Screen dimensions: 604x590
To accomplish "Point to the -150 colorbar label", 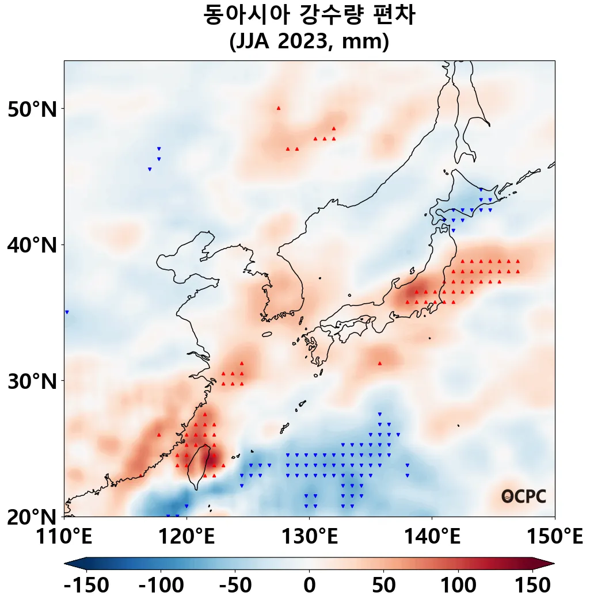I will coord(86,586).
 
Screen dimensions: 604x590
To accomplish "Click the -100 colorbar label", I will coord(161,586).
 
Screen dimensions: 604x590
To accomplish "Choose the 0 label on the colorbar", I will coord(309,586).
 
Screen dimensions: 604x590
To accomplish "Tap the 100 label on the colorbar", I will coord(458,586).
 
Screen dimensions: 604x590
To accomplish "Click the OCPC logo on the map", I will coord(524,496).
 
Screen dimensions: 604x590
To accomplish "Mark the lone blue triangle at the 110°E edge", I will coord(67,312).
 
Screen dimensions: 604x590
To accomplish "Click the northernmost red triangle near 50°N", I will coord(279,108).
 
